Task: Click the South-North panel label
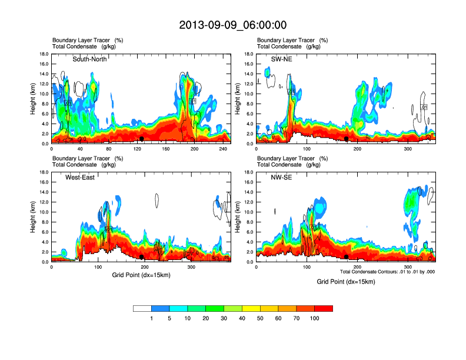[x=92, y=59]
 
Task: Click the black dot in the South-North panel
[x=142, y=139]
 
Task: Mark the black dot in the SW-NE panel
[x=347, y=139]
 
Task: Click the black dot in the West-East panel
[x=142, y=257]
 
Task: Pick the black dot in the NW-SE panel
[x=347, y=257]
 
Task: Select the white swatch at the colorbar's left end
[x=142, y=308]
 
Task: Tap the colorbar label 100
[x=315, y=318]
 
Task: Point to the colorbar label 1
[x=151, y=318]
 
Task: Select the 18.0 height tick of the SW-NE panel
[x=248, y=54]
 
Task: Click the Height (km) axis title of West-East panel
[x=34, y=217]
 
